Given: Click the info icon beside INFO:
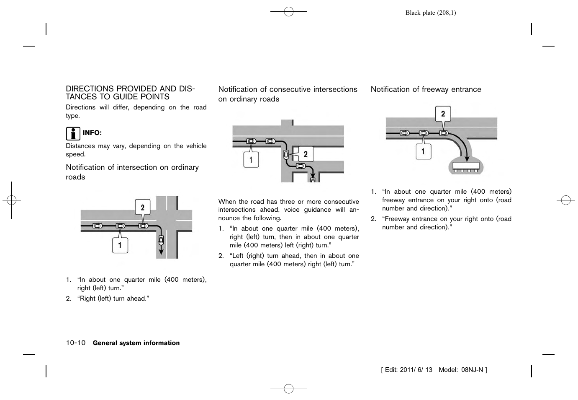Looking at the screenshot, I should [x=73, y=133].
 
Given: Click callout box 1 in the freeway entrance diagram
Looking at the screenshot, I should [x=423, y=151].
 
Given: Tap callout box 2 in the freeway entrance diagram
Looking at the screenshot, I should [x=443, y=114].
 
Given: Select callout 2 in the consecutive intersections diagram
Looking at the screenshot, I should [x=305, y=154].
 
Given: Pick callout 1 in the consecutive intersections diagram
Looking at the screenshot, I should [x=251, y=160].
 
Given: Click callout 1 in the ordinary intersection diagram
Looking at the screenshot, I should [x=120, y=245].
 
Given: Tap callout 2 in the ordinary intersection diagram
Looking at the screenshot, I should [x=143, y=207].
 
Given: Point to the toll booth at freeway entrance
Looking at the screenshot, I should [x=465, y=166].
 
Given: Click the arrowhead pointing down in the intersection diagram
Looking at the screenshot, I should [x=161, y=253].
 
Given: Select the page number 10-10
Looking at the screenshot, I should [x=75, y=343].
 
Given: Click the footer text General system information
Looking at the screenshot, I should [x=136, y=343].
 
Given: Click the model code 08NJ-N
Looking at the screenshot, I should [x=472, y=370].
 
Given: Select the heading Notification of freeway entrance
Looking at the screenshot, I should [x=426, y=89].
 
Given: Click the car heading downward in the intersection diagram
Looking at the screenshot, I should [x=161, y=241].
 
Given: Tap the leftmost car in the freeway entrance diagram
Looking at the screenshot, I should [x=404, y=133].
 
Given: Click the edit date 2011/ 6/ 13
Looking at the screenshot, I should [x=416, y=370].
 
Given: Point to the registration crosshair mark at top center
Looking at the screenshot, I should [x=289, y=12].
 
